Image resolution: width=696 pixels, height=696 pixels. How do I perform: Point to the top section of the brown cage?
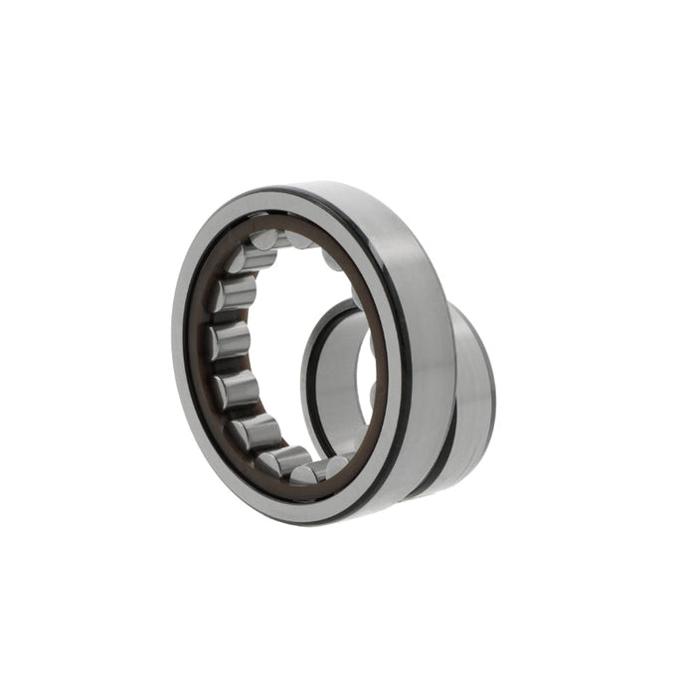298,225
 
